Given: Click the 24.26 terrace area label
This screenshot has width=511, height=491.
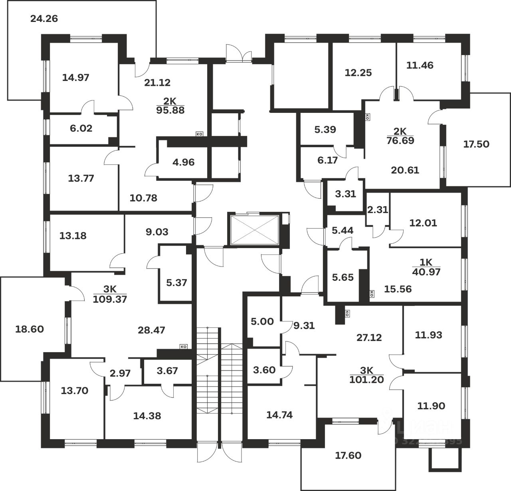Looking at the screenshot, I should pyautogui.click(x=44, y=18).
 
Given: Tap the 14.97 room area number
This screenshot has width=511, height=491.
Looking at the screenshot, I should pyautogui.click(x=76, y=77).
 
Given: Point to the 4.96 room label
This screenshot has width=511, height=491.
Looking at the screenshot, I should pyautogui.click(x=183, y=162).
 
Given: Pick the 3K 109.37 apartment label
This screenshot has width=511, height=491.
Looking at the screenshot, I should pyautogui.click(x=110, y=295).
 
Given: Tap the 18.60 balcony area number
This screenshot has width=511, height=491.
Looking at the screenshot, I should pyautogui.click(x=29, y=329).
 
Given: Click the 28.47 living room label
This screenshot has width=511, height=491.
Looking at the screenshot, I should pyautogui.click(x=151, y=330).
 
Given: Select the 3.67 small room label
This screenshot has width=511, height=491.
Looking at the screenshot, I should pyautogui.click(x=167, y=371).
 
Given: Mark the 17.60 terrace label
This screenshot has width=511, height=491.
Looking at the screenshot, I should pyautogui.click(x=349, y=455).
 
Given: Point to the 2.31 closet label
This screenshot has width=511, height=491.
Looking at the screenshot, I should pyautogui.click(x=377, y=209).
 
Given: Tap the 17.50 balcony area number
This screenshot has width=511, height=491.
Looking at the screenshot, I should pyautogui.click(x=476, y=144).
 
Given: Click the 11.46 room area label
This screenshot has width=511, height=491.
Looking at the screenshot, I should pyautogui.click(x=420, y=65).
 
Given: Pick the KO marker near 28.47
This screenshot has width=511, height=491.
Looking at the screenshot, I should pyautogui.click(x=184, y=347).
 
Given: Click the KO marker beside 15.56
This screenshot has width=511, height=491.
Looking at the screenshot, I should pyautogui.click(x=372, y=294).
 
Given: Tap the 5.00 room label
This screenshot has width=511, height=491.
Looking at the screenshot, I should pyautogui.click(x=262, y=321).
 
